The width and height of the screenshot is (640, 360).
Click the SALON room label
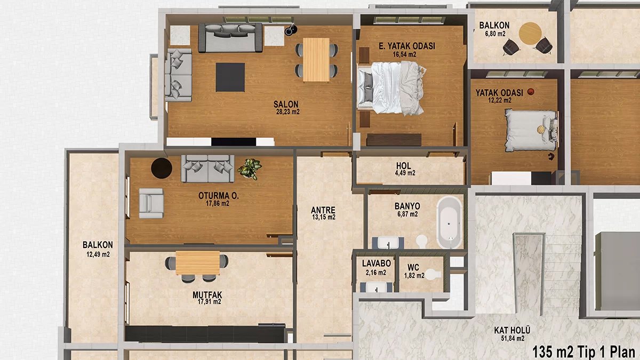tap(286, 104)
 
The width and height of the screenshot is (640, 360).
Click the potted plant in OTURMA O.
tap(250, 169)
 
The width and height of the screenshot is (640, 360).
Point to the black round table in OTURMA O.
tap(161, 168)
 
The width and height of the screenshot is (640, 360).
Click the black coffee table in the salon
tap(230, 77)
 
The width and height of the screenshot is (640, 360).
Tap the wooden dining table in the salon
tap(316, 59)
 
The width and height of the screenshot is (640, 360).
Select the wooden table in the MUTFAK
tap(197, 262)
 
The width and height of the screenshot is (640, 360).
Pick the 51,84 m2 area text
tap(513, 338)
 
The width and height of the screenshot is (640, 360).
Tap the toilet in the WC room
tap(433, 274)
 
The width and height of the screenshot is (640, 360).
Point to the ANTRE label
tap(324, 210)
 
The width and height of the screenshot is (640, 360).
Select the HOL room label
tap(404, 165)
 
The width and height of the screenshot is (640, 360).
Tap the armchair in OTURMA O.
tap(151, 203)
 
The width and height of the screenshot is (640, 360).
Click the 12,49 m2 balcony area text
tap(98, 254)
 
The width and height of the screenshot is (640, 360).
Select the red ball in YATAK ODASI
tap(530, 92)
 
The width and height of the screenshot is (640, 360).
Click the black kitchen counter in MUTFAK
tap(205, 334)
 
